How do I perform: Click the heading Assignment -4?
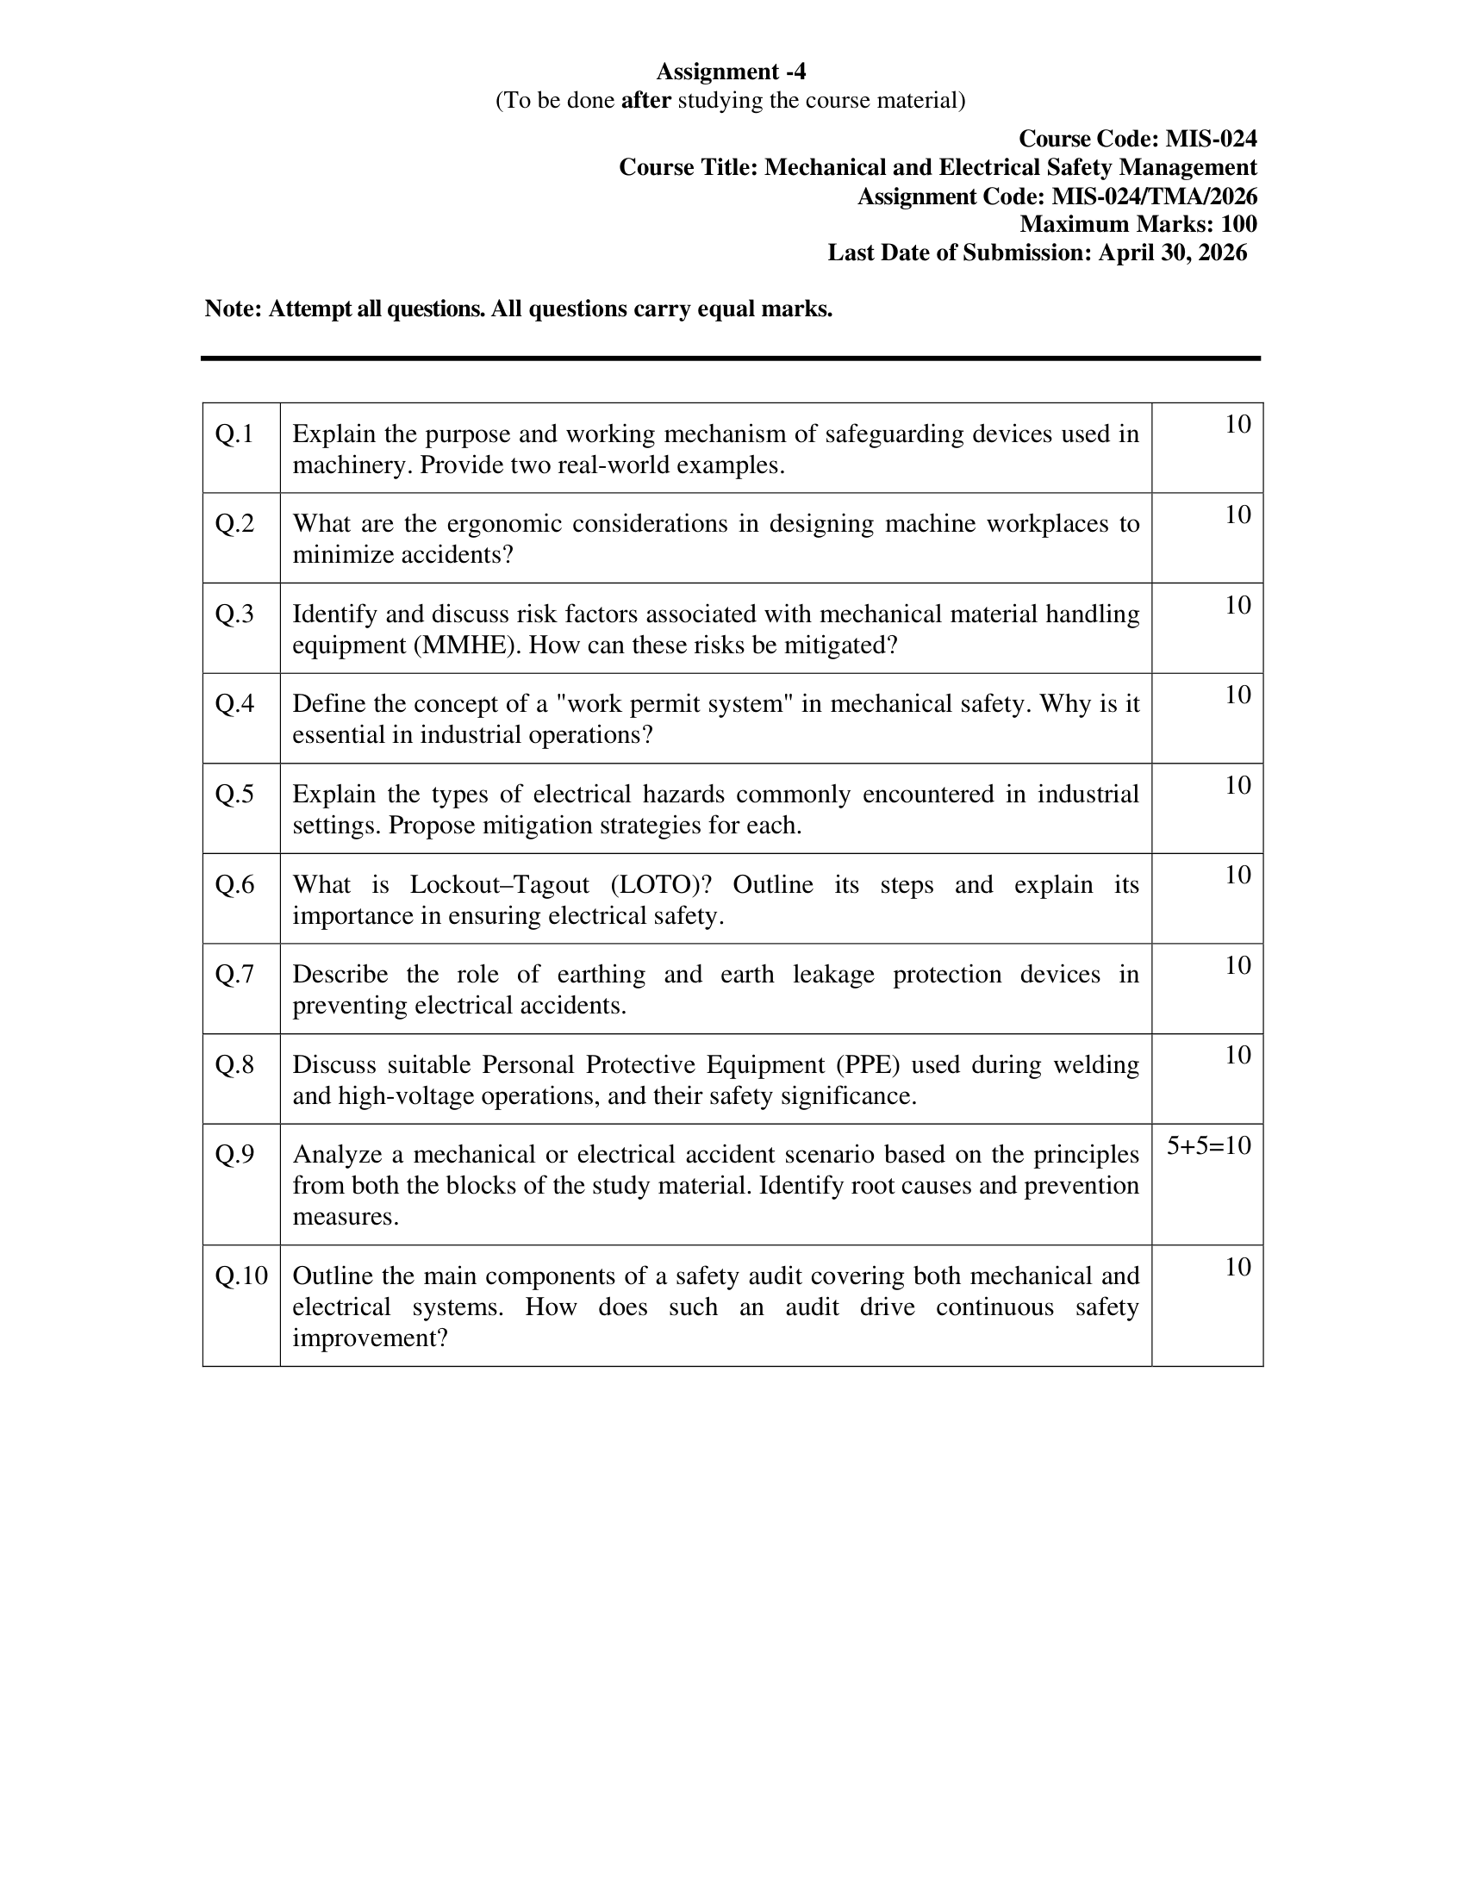pos(731,72)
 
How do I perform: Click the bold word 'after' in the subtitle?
pos(645,101)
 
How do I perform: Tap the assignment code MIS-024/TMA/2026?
pos(1154,196)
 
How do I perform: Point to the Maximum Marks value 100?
pos(1238,224)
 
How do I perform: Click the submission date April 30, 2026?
pos(1173,253)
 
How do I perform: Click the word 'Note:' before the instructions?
pos(233,309)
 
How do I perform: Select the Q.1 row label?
pos(234,434)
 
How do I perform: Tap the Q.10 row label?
pos(241,1276)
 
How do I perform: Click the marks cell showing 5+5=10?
pos(1208,1146)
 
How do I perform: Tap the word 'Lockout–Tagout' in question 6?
pos(499,884)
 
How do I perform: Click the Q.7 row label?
pos(234,975)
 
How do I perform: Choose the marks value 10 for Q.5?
pos(1237,785)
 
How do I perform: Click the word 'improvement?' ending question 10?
pos(370,1338)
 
